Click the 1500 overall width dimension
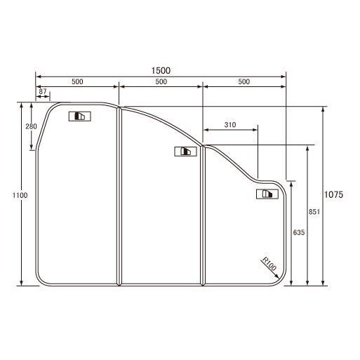tap(161, 70)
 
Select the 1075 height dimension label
tap(333, 194)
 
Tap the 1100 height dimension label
tap(20, 195)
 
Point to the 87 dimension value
tap(43, 91)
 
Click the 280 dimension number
tap(31, 126)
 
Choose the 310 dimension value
tap(230, 125)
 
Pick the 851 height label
tap(314, 212)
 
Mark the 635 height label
tap(299, 232)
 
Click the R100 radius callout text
tap(269, 264)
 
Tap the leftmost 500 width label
tap(77, 81)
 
